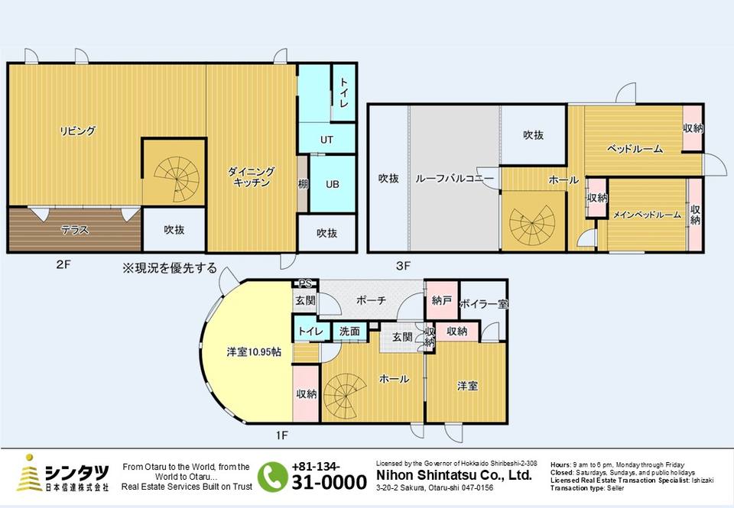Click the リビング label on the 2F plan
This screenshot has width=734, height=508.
[x=78, y=131]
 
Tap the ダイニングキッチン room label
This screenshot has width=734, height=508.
[x=252, y=176]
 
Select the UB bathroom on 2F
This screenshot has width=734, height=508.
[x=333, y=184]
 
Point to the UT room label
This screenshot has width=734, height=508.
[x=326, y=139]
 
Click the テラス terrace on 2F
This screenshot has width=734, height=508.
[x=75, y=230]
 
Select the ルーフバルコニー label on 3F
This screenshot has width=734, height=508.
[x=454, y=179]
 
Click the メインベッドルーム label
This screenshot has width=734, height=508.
[x=647, y=215]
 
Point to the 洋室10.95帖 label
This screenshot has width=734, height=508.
[x=254, y=351]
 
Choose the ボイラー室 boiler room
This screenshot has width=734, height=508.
[x=484, y=304]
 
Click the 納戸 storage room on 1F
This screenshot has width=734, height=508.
[x=441, y=300]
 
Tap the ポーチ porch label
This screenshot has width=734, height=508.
[x=371, y=300]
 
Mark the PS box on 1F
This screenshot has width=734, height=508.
[x=305, y=283]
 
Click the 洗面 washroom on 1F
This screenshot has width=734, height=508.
[x=349, y=332]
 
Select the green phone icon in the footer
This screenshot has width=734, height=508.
[x=272, y=477]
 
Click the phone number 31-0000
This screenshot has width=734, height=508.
[x=329, y=482]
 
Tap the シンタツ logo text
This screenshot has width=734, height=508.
[x=76, y=472]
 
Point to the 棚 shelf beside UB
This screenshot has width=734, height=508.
[x=303, y=184]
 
